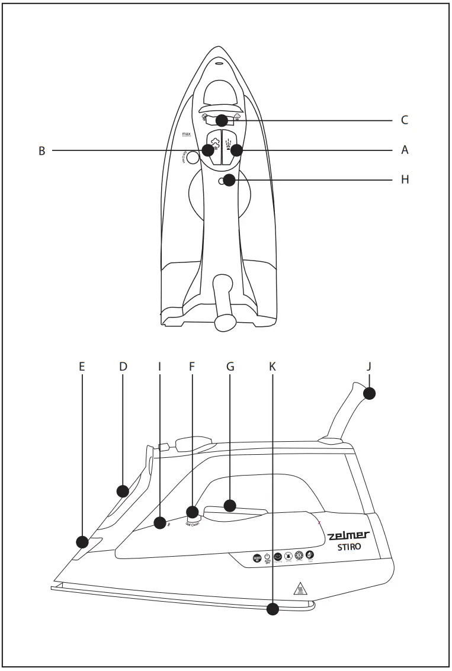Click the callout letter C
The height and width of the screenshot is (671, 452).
click(x=405, y=120)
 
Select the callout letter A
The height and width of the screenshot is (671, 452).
click(x=405, y=150)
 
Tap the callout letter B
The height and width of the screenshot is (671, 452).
click(x=42, y=151)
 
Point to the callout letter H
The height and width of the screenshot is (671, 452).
click(x=405, y=179)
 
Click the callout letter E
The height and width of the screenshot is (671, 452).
click(x=82, y=366)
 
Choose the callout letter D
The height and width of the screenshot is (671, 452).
click(x=123, y=366)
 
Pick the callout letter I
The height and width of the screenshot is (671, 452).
click(x=159, y=366)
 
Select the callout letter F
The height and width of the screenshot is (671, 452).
click(x=192, y=366)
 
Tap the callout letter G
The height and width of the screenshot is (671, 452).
click(x=230, y=366)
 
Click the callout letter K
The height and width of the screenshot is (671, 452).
click(x=272, y=366)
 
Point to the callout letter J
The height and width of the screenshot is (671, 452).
click(x=368, y=366)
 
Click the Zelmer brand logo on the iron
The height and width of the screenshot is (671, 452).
click(x=349, y=535)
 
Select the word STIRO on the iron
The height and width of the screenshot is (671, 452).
click(x=350, y=547)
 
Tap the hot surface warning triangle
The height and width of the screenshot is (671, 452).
click(x=299, y=589)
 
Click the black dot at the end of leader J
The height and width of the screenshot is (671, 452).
click(x=370, y=393)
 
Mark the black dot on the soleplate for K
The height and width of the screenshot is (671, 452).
click(x=273, y=609)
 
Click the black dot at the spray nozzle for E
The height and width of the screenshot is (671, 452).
click(x=82, y=541)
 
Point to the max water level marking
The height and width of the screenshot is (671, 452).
click(x=187, y=136)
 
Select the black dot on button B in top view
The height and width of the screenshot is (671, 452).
click(x=208, y=150)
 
